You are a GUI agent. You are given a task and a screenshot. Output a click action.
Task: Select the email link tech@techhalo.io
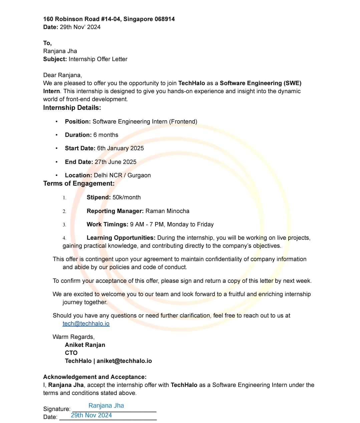86,324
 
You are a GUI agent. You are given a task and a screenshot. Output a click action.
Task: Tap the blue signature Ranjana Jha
106,406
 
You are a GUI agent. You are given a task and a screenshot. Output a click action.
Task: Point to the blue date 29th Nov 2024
91,415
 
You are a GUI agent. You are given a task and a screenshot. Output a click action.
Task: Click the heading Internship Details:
72,108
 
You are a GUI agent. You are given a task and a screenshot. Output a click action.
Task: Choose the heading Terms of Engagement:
79,183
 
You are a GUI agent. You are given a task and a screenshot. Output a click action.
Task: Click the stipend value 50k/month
126,197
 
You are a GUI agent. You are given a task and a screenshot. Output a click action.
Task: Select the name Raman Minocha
167,211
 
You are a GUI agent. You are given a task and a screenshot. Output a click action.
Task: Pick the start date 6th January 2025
120,148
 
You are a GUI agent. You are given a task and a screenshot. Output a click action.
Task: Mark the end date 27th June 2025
115,162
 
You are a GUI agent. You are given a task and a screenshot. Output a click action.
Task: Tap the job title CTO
71,353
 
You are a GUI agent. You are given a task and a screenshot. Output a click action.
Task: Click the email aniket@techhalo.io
124,361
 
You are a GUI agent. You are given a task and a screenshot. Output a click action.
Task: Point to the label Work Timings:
107,224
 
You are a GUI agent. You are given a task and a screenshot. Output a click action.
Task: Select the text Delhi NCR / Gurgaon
122,175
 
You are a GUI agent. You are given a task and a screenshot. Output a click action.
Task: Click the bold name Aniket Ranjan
85,345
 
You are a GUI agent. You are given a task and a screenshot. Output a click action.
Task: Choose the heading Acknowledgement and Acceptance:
95,377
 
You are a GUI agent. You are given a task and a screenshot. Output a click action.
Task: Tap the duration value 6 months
106,135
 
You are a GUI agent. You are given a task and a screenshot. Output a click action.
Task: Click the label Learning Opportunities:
121,238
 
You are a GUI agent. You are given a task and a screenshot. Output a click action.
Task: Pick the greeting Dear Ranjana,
62,75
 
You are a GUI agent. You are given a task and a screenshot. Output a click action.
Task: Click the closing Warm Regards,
74,337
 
